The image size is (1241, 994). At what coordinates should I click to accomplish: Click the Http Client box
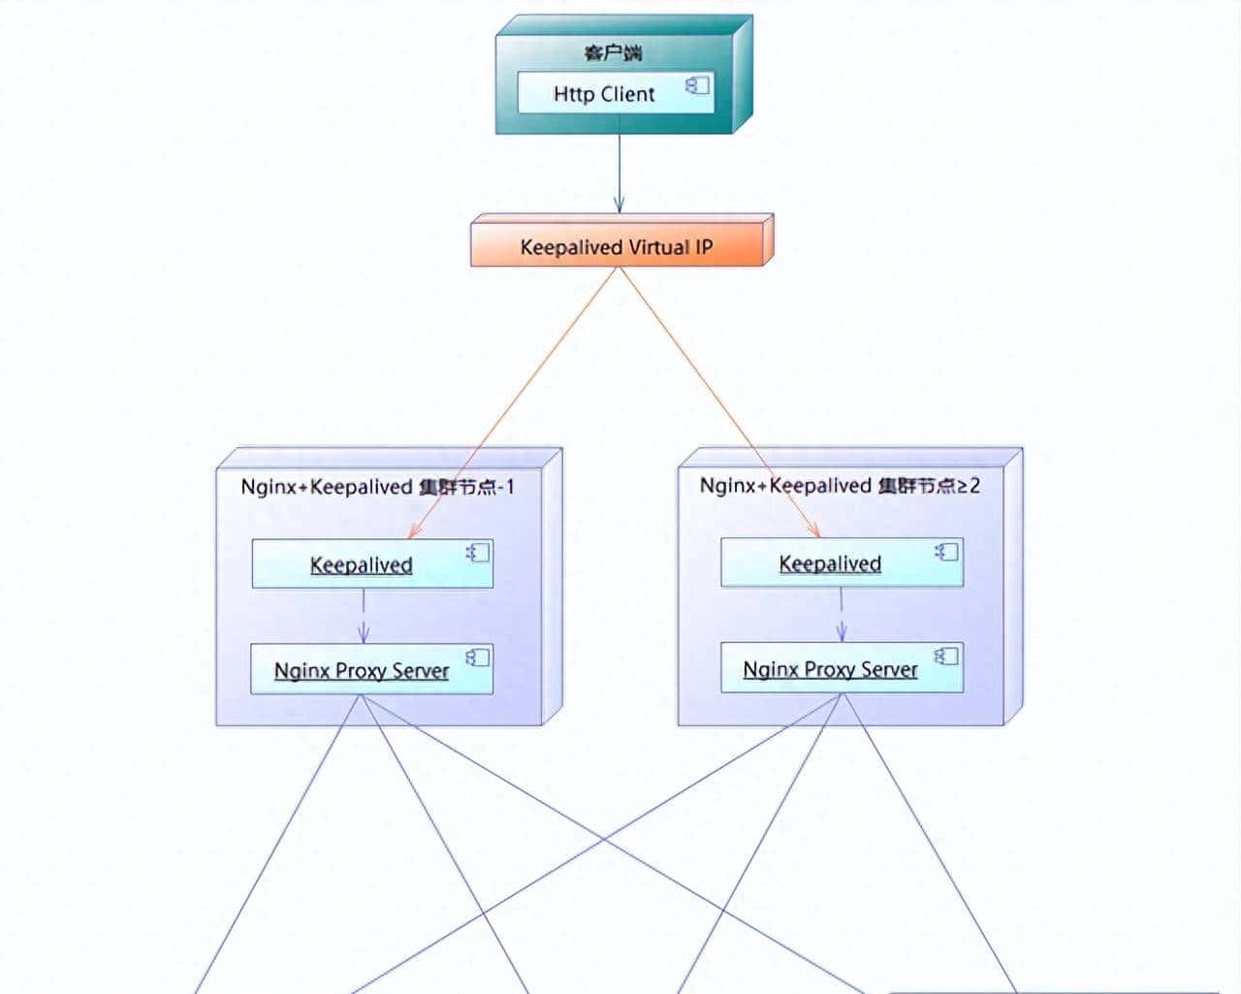click(x=603, y=93)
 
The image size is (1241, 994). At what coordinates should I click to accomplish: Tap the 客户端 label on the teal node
click(x=613, y=52)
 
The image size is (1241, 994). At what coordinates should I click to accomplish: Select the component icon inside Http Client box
click(x=698, y=86)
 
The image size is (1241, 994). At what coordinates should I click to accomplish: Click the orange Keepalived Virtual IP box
click(x=618, y=246)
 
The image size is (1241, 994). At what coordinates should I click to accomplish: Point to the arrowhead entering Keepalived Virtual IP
click(x=619, y=205)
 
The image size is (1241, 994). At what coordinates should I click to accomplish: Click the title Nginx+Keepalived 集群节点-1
click(x=377, y=487)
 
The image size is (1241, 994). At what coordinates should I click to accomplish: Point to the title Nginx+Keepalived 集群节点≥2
click(x=840, y=485)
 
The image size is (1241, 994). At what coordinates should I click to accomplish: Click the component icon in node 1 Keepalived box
click(x=478, y=553)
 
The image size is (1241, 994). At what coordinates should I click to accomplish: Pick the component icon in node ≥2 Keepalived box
click(x=947, y=552)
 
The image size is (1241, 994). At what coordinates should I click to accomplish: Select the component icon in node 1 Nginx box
click(x=478, y=657)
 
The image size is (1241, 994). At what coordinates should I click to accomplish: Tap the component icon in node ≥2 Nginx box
click(x=947, y=657)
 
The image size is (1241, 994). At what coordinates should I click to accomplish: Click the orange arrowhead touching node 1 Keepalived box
click(x=415, y=531)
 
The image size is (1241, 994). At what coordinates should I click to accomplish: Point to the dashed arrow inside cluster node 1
click(x=364, y=619)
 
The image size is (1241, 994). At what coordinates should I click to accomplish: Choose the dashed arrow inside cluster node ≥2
click(x=842, y=617)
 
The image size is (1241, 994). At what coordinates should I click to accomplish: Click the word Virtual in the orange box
click(x=658, y=247)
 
